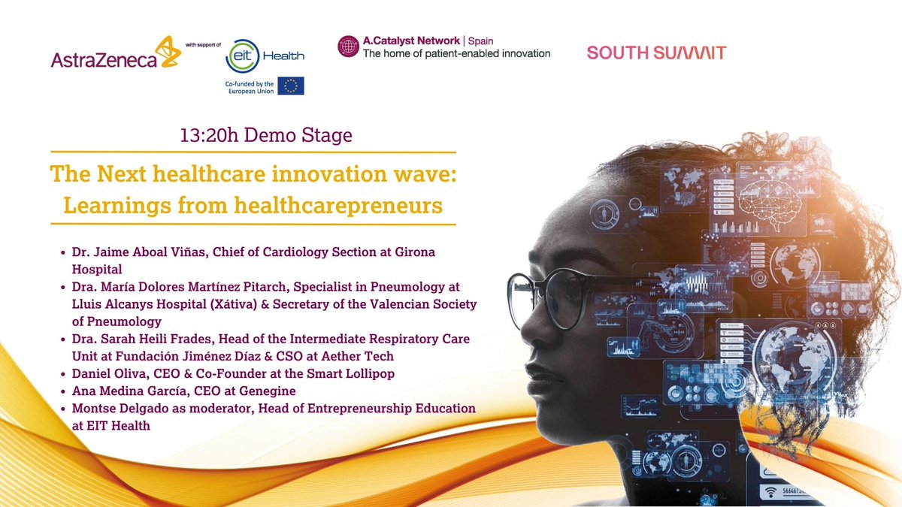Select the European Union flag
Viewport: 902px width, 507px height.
(x=290, y=86)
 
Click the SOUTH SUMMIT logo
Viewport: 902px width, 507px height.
(x=656, y=53)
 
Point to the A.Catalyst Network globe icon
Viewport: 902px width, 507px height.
(x=348, y=47)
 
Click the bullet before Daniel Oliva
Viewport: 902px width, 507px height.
(x=63, y=374)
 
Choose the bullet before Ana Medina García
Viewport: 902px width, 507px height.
(x=63, y=391)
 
